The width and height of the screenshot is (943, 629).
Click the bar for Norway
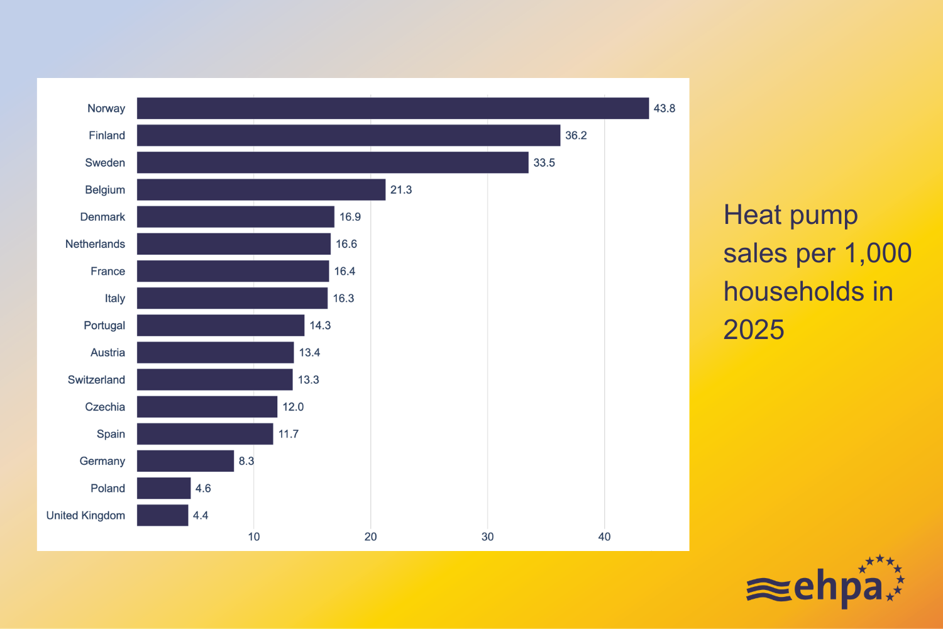(393, 108)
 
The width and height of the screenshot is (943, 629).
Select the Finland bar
(348, 135)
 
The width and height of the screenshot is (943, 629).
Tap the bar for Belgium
(261, 189)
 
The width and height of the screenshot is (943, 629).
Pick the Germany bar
(185, 461)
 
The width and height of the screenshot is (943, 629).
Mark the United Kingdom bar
(162, 515)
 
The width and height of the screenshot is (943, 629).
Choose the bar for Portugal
(221, 325)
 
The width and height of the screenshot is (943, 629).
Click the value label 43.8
(664, 108)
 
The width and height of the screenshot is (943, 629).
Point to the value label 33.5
(544, 163)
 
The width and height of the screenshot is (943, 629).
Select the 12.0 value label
(293, 407)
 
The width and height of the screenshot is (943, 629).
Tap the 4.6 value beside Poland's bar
(203, 488)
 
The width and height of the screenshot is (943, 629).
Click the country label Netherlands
(95, 244)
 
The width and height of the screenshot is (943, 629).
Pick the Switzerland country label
(96, 380)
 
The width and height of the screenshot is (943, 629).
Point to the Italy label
(115, 298)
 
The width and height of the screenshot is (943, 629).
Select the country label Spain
(111, 434)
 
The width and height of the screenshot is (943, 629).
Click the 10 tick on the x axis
(254, 537)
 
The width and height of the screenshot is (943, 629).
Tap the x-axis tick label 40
(604, 537)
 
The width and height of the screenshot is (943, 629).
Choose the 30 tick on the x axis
(487, 537)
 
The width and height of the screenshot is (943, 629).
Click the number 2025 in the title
(754, 330)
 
